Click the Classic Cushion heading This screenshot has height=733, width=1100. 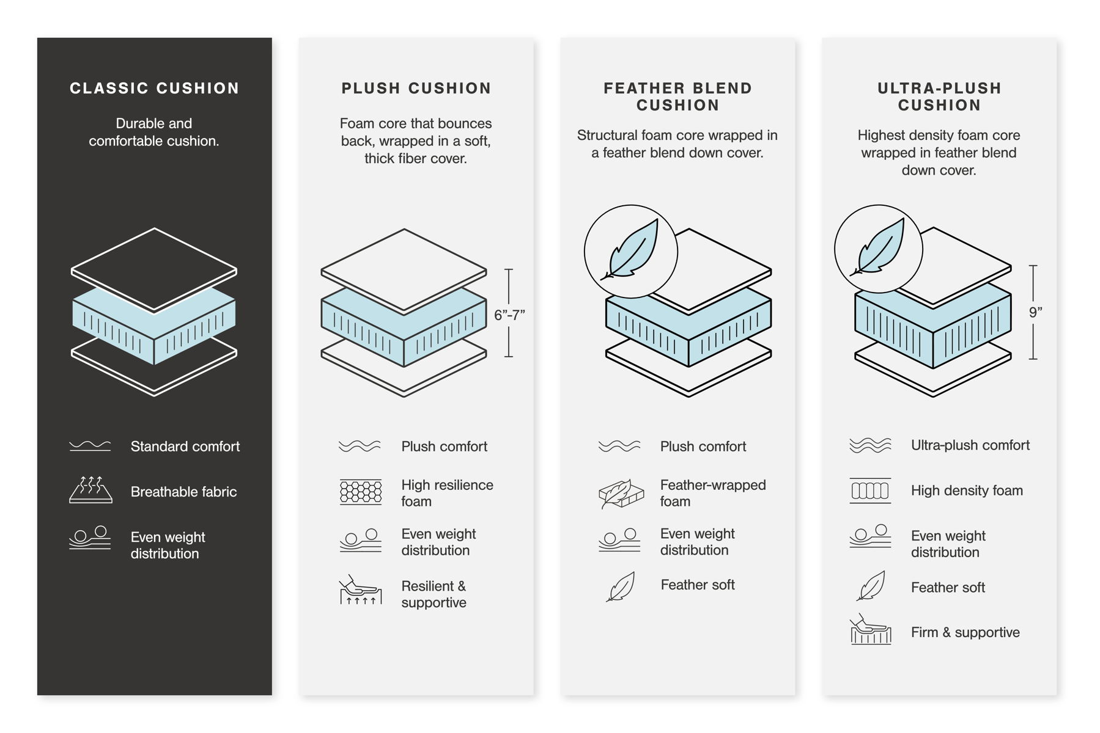tap(154, 89)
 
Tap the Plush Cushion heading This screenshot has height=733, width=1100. tap(416, 89)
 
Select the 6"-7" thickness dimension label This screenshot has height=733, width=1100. tap(509, 315)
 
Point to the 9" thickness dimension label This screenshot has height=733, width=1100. tap(1035, 313)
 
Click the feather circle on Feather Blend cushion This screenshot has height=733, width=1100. tap(631, 251)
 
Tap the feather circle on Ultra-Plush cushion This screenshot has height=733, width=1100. tap(879, 249)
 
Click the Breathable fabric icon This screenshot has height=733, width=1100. tap(90, 490)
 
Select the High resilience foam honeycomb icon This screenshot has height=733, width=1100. tap(361, 492)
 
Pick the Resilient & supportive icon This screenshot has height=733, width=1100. tap(361, 590)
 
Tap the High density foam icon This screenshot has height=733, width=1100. tap(870, 490)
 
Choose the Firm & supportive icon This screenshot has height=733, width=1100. tap(871, 630)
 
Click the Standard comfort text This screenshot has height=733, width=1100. tap(185, 447)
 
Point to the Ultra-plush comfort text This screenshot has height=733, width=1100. tap(970, 445)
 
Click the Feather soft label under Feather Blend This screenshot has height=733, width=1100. tap(697, 585)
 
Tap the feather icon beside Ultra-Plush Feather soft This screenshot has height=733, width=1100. tap(871, 586)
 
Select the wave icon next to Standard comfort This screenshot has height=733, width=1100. tap(90, 446)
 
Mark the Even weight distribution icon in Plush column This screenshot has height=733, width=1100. tap(361, 541)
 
